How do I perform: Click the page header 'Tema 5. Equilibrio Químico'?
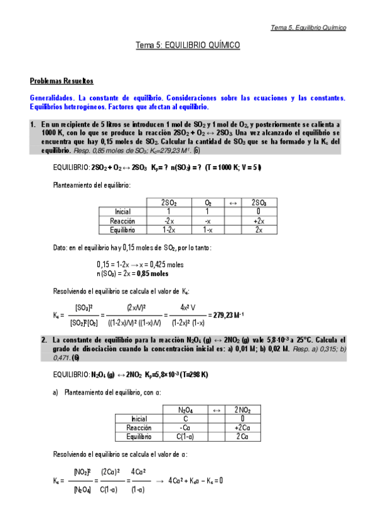click(308, 28)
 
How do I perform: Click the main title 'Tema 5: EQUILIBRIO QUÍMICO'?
click(188, 46)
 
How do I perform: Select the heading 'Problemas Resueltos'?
click(62, 81)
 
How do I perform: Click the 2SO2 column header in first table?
click(168, 203)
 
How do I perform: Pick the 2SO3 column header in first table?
click(259, 203)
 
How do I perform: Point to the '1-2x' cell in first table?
click(168, 230)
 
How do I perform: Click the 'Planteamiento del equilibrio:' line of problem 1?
click(92, 186)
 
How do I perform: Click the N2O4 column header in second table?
click(185, 410)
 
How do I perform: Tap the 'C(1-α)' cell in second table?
click(185, 436)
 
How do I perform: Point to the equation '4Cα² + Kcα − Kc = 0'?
click(196, 481)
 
